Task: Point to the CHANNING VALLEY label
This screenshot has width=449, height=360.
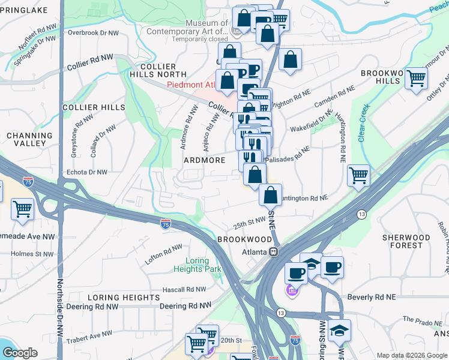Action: click(25, 140)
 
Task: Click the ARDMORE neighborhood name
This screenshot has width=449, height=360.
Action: click(205, 160)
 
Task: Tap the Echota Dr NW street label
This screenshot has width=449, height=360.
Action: click(87, 172)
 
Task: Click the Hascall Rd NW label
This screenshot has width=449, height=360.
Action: click(184, 290)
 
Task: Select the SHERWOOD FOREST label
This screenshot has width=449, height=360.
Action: click(406, 241)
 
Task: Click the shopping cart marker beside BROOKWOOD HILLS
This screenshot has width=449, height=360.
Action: click(416, 78)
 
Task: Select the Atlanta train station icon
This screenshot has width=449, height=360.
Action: click(273, 252)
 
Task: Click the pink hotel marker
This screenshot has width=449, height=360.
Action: click(291, 290)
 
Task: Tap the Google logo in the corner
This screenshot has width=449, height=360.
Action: click(20, 353)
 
